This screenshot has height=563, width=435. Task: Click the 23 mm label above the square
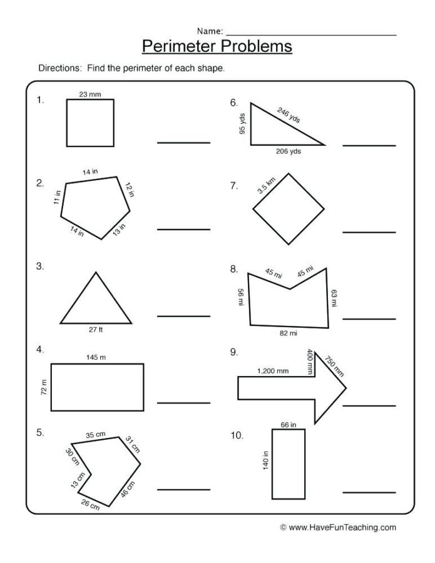(90, 94)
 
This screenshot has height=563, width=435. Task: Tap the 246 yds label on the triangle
(289, 116)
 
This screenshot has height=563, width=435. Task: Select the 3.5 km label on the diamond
(266, 185)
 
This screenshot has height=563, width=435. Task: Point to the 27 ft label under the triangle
(96, 329)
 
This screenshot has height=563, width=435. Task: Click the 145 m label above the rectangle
(97, 357)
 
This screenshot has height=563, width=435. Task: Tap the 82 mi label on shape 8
(288, 333)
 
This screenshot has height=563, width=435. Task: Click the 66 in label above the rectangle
(288, 425)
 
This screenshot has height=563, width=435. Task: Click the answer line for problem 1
(183, 143)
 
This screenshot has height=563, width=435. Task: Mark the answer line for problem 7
(369, 232)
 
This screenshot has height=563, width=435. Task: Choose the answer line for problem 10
(369, 492)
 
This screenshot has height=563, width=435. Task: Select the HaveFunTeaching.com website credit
(338, 527)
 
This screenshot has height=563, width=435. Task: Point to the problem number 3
(40, 266)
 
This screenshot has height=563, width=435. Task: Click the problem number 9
(233, 352)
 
